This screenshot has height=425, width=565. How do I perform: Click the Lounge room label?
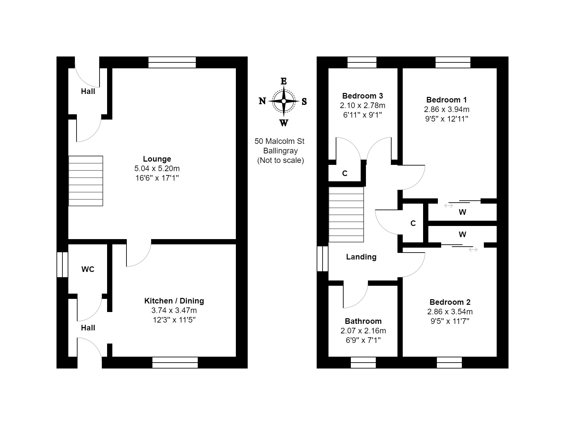click(x=157, y=159)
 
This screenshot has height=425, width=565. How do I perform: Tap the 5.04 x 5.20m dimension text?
click(x=157, y=168)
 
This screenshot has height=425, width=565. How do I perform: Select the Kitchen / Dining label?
click(x=174, y=301)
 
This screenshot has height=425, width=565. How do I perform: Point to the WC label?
click(x=88, y=269)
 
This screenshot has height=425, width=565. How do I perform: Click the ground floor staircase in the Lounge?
click(x=86, y=181)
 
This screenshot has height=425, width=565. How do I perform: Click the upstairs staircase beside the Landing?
click(x=346, y=214)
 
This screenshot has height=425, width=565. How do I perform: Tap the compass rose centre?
click(x=284, y=101)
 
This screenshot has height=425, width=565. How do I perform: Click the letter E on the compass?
click(x=284, y=81)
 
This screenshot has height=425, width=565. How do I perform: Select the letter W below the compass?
click(x=284, y=123)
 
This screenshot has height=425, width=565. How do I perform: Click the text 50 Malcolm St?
click(x=280, y=141)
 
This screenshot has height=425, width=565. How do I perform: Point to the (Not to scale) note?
click(x=280, y=160)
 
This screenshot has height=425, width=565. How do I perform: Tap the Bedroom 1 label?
click(x=446, y=100)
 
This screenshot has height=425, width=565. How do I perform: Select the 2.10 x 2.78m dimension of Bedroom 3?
click(x=363, y=105)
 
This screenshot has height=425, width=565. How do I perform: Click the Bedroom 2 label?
click(x=450, y=302)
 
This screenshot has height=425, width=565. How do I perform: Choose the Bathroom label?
click(x=363, y=321)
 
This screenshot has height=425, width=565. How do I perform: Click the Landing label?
click(x=361, y=257)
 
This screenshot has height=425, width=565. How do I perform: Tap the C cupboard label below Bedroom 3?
click(x=345, y=173)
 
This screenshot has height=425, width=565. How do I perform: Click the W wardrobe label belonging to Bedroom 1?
click(x=462, y=212)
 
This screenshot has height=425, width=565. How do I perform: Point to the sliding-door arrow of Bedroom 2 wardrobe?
click(x=473, y=250)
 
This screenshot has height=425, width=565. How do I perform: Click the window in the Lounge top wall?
click(x=172, y=62)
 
